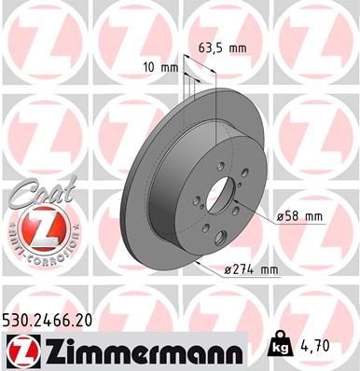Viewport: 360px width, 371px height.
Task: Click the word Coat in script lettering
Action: [36, 193]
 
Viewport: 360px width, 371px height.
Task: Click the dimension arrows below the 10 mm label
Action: [187, 74]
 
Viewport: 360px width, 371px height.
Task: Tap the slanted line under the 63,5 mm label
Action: [201, 60]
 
